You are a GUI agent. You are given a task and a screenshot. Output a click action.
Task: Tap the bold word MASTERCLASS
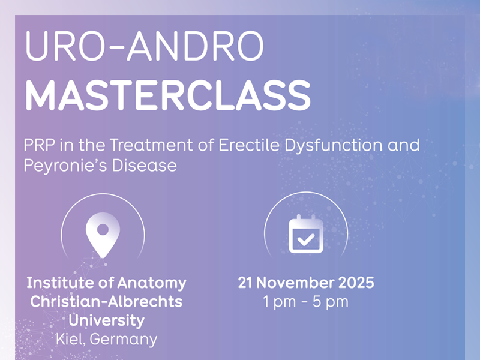[x=167, y=95]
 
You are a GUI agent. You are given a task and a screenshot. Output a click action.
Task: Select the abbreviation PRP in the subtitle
[x=39, y=145]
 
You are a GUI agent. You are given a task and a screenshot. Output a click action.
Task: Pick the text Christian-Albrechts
[x=106, y=301]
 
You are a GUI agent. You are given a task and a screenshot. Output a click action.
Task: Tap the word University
[x=106, y=320]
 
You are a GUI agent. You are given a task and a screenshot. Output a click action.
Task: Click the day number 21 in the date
[x=245, y=283]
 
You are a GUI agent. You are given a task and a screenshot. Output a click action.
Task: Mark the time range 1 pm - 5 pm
[x=305, y=301]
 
